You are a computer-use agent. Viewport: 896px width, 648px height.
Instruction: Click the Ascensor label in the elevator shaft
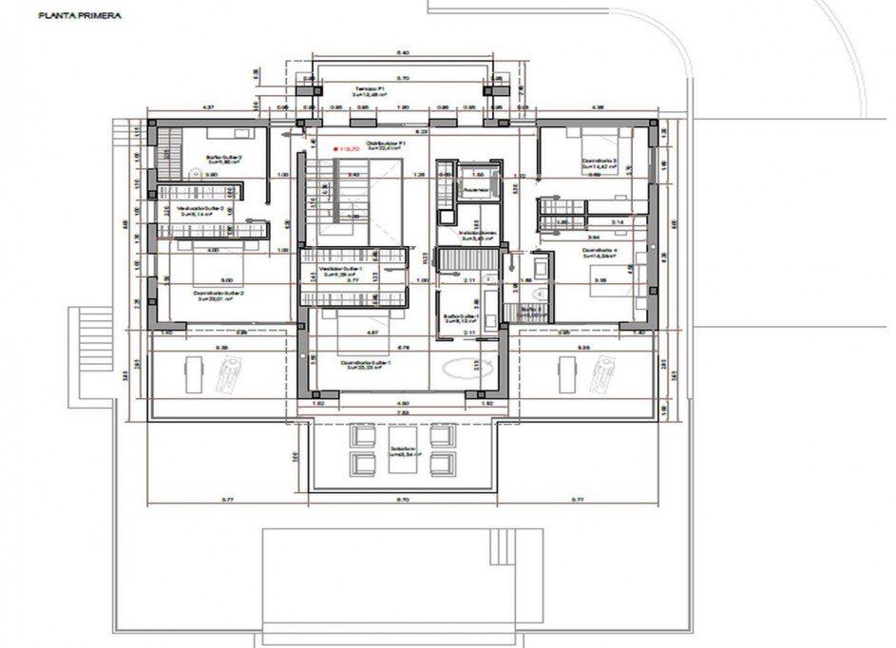coord(476,189)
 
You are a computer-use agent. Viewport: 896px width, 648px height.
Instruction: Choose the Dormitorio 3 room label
coord(600,163)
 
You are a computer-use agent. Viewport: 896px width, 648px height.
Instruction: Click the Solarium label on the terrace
coord(400,451)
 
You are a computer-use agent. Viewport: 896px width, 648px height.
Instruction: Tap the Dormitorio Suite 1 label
coord(365,365)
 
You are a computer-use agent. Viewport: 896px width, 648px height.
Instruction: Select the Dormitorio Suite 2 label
coord(219,294)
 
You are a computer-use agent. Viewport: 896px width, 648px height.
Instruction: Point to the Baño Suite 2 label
coord(225,159)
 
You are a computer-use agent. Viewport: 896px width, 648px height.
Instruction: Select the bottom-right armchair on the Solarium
coord(440,464)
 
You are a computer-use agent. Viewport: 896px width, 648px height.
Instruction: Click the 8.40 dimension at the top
coord(401,53)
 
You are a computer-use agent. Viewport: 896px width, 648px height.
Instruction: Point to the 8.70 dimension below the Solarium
coord(401,499)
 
